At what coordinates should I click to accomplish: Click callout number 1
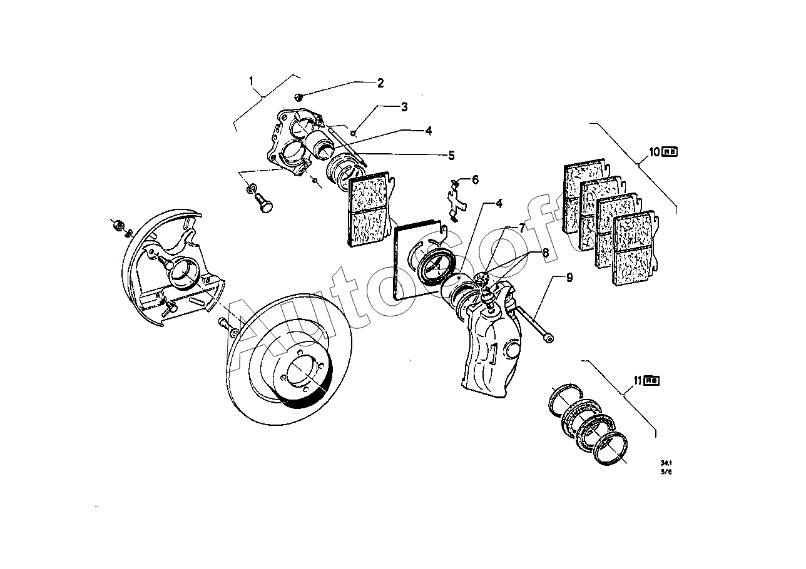tap(251, 81)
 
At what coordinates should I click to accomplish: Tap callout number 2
tap(379, 83)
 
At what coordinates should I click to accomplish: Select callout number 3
tap(404, 107)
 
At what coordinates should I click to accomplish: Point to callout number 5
tap(451, 155)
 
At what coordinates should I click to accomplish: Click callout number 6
tap(475, 180)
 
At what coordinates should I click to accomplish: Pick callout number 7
tap(521, 229)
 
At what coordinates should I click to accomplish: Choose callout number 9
tap(569, 278)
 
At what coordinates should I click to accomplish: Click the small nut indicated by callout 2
tap(299, 97)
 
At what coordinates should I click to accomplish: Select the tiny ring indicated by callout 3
tap(354, 132)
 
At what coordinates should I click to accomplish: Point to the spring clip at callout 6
tap(456, 200)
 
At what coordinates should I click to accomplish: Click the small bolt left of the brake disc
tap(226, 325)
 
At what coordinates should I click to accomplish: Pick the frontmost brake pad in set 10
tap(636, 250)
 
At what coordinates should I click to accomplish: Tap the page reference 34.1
tap(665, 463)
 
